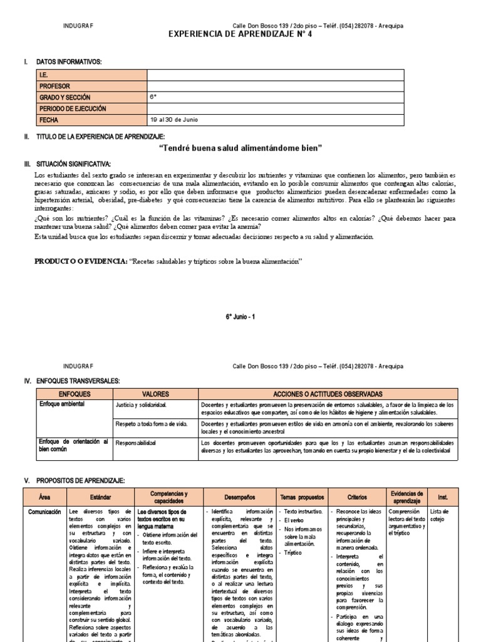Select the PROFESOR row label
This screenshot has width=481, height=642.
pyautogui.click(x=55, y=86)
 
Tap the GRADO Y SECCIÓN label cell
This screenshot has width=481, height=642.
pyautogui.click(x=65, y=97)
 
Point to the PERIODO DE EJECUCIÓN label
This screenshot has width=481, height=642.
pyautogui.click(x=73, y=108)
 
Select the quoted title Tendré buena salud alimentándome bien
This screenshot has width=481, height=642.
pyautogui.click(x=240, y=148)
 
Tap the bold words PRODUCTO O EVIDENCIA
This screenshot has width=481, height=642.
pyautogui.click(x=80, y=260)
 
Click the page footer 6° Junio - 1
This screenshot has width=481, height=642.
pyautogui.click(x=240, y=317)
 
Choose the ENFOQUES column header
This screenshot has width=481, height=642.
pyautogui.click(x=75, y=394)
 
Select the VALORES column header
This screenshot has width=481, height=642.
pyautogui.click(x=155, y=394)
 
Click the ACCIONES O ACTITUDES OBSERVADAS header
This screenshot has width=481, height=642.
pyautogui.click(x=328, y=394)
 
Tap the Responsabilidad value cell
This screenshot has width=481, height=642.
pyautogui.click(x=136, y=443)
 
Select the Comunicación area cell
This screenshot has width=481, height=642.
pyautogui.click(x=44, y=512)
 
